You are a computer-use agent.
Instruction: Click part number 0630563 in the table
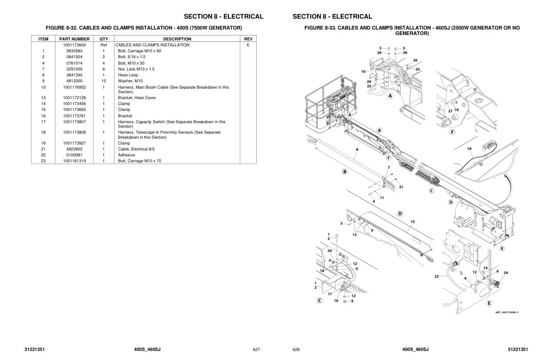(74, 51)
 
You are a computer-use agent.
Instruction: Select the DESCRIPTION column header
(177, 39)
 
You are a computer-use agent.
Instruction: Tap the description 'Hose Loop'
(128, 75)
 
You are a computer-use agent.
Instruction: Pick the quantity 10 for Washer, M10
(104, 81)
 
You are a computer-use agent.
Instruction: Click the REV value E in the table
(248, 45)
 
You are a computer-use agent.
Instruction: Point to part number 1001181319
(74, 161)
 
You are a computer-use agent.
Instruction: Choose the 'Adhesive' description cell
(126, 155)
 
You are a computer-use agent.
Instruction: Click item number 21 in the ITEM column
(43, 149)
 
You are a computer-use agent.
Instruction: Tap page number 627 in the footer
(256, 350)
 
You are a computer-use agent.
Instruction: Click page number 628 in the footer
(296, 350)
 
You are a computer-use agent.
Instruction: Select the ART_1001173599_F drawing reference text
(506, 312)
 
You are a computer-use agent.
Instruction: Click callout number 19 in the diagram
(469, 149)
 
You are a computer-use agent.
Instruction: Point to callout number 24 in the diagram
(506, 273)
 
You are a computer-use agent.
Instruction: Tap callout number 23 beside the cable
(437, 276)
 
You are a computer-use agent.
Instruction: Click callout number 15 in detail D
(412, 222)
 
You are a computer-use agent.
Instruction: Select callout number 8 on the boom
(357, 149)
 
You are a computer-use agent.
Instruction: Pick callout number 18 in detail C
(322, 270)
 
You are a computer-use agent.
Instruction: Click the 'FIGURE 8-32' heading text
(144, 28)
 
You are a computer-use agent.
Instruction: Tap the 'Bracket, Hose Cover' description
(137, 98)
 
